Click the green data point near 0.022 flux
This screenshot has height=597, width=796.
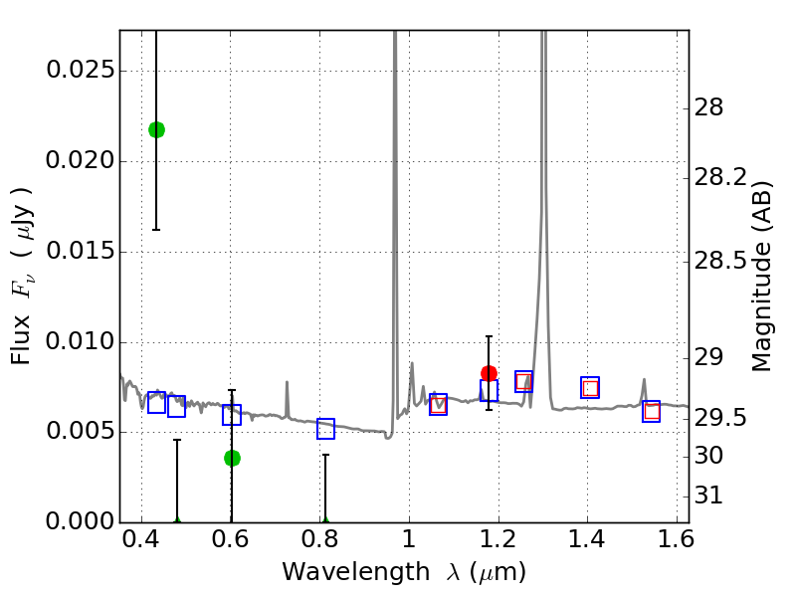(x=156, y=129)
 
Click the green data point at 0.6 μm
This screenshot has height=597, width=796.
(x=232, y=458)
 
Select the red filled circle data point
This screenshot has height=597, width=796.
(x=489, y=373)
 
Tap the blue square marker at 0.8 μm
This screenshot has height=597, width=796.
(x=325, y=429)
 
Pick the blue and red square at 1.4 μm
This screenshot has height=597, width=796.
(x=590, y=388)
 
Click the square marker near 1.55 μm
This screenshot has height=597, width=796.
(x=652, y=411)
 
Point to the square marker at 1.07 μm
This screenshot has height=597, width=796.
(x=438, y=405)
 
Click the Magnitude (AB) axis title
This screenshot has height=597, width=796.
(x=762, y=276)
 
